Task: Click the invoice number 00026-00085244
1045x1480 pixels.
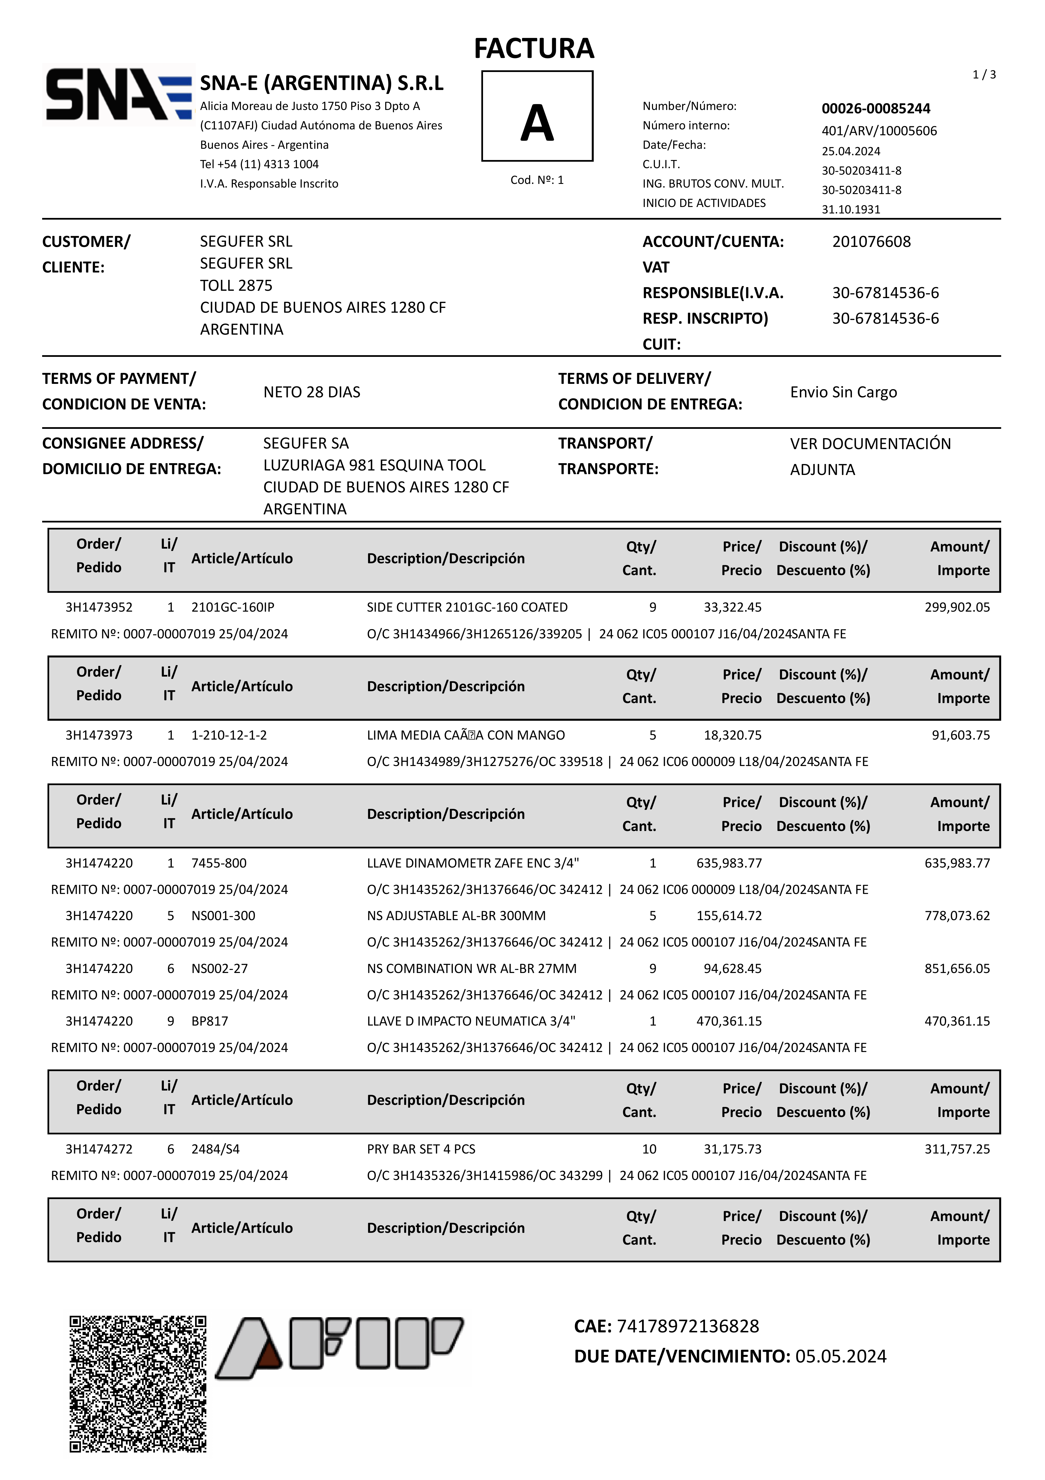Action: (x=876, y=108)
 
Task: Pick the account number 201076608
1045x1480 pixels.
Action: (x=871, y=242)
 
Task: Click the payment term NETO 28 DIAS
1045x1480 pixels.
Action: (x=312, y=392)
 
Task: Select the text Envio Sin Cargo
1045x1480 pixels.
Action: (x=843, y=392)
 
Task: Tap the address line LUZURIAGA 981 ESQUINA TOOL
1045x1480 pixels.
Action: (x=374, y=465)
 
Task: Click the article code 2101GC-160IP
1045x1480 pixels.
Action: (x=233, y=607)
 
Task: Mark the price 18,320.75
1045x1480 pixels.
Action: (x=733, y=735)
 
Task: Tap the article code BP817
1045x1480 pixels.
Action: (x=209, y=1021)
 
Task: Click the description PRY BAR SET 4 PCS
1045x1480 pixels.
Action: (x=421, y=1149)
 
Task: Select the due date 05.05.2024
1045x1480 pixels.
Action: (x=841, y=1356)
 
